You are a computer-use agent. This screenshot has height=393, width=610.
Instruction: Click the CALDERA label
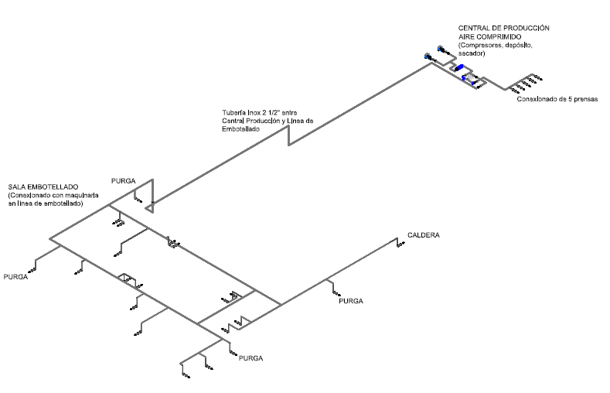point(424,234)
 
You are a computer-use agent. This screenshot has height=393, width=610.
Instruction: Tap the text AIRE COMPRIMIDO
point(490,36)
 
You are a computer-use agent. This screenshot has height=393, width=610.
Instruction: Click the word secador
point(472,54)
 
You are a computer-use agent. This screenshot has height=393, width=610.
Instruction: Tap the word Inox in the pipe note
point(254,113)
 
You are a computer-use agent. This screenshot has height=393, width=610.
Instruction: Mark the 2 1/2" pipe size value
point(271,113)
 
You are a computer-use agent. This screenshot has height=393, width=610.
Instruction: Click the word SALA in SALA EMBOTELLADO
point(18,187)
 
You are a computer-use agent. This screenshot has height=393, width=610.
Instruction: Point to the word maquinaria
point(81,195)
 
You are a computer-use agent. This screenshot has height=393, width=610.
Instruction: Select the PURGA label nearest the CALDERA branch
point(350,300)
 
